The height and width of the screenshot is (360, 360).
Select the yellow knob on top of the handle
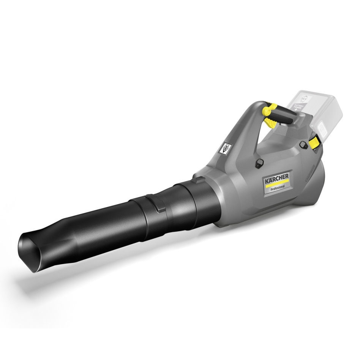267,111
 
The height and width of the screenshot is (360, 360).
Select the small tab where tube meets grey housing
200,178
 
